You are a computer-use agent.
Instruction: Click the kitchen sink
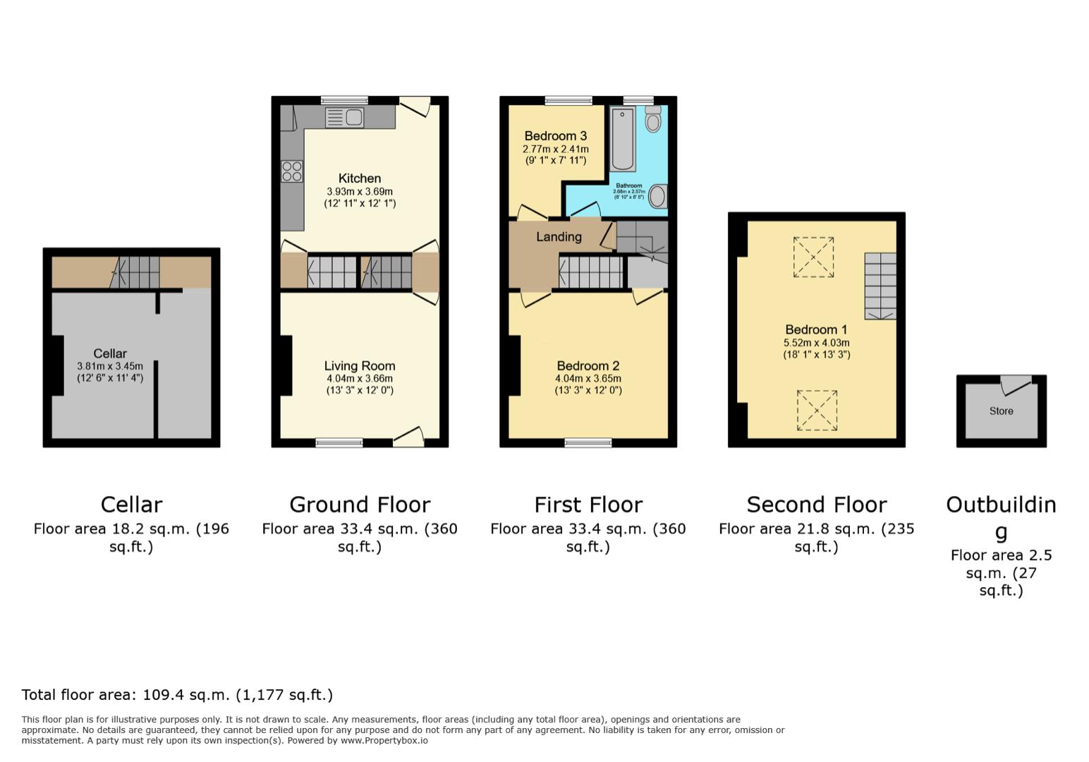[345, 118]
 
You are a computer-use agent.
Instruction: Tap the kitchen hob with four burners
[292, 171]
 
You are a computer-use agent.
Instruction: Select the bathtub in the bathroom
[623, 139]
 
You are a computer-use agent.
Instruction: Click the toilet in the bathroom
[653, 121]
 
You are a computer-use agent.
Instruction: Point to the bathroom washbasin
[657, 196]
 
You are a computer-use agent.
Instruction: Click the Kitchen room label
[359, 179]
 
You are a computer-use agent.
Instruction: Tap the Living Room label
[359, 365]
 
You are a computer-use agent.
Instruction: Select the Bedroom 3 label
[555, 136]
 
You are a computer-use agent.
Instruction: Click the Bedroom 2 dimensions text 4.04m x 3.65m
[588, 379]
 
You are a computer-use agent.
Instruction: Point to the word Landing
[559, 237]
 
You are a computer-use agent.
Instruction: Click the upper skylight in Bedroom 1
[813, 257]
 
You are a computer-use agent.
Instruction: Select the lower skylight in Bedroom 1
[817, 410]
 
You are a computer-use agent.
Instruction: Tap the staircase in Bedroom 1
[880, 286]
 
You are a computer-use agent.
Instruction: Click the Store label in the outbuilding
[1001, 411]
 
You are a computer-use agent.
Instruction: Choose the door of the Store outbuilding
[1015, 385]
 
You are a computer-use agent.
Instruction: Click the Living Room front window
[339, 443]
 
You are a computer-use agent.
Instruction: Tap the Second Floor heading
[816, 504]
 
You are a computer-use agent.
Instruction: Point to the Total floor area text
[177, 695]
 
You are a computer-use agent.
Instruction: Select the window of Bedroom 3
[568, 100]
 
